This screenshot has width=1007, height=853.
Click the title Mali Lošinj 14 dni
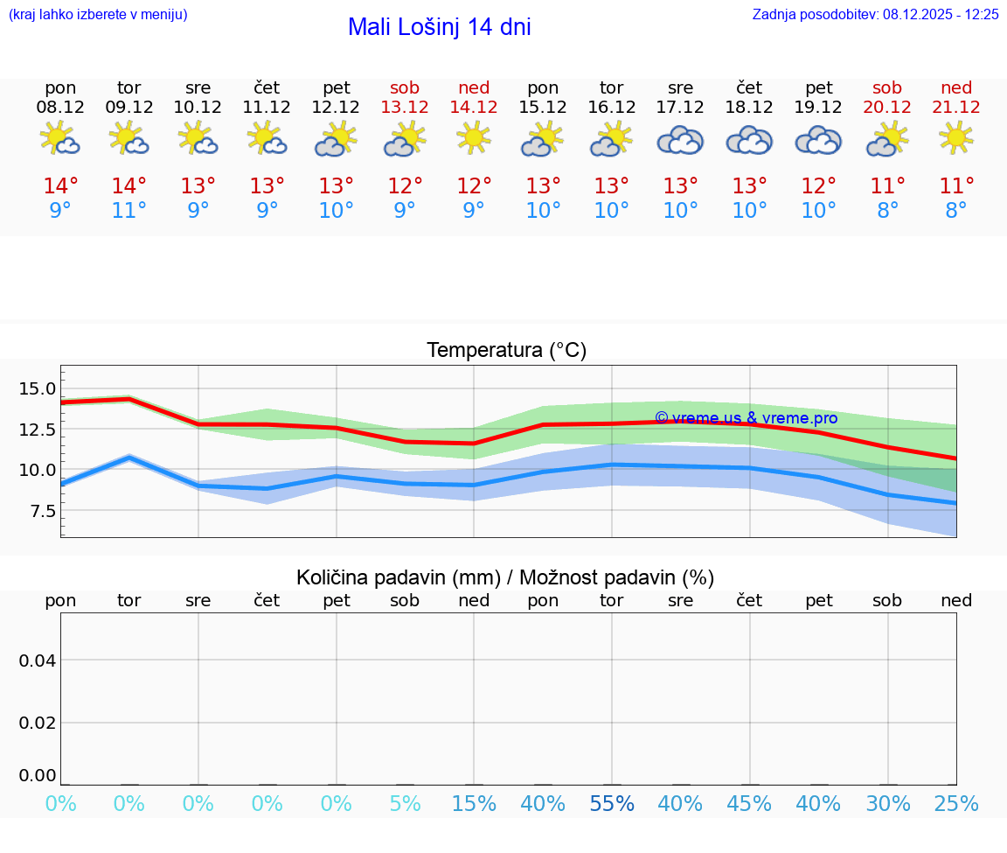pos(439,27)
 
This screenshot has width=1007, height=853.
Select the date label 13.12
pos(405,108)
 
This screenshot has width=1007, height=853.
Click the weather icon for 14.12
pos(474,138)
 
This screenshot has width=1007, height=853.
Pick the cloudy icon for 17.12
pos(680,140)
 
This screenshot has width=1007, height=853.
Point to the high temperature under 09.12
pos(129,185)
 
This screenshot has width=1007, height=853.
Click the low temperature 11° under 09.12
pos(129,210)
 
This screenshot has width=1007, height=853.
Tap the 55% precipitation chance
pos(612,803)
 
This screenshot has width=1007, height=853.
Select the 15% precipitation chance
pos(474,803)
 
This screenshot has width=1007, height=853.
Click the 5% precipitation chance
pos(405,803)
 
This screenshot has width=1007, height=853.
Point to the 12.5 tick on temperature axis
pos(38,430)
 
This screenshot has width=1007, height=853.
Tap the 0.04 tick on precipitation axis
pos(38,661)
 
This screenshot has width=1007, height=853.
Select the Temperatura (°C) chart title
pos(507,351)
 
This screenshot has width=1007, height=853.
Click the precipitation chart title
pos(505,577)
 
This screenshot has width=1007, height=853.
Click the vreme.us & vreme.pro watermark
pos(746,418)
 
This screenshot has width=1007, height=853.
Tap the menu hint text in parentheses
pos(98,14)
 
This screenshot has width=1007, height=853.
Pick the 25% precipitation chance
pos(956,803)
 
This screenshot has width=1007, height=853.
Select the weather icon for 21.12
pos(956,138)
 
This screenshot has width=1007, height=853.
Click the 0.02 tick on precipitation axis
pos(38,723)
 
